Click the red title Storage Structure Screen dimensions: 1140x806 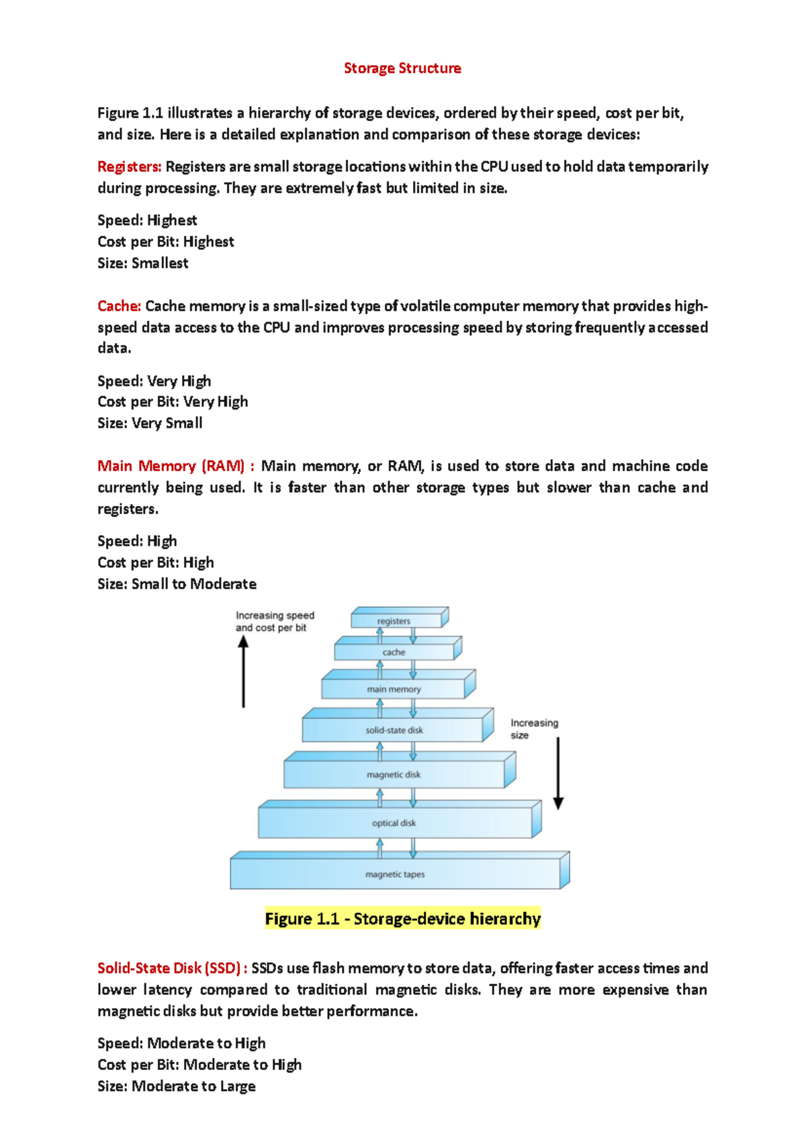(402, 68)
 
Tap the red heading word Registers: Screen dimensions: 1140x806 (129, 167)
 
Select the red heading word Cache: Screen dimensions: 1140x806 (119, 306)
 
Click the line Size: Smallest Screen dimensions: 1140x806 (142, 263)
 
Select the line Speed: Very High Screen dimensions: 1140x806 (154, 380)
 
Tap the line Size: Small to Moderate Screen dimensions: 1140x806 (177, 583)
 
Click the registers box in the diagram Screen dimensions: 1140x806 (394, 621)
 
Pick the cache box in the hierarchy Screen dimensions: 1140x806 (394, 652)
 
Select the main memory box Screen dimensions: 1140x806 (394, 689)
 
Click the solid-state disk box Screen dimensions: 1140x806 (394, 730)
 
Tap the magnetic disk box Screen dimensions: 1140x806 (394, 774)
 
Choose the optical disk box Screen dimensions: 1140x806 (394, 823)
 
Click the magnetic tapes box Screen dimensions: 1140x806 (395, 874)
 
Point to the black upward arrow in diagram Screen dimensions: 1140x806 (243, 672)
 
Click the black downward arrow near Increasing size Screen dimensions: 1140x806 (558, 773)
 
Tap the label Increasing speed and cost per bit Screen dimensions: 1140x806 (274, 621)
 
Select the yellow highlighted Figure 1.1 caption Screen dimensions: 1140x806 (402, 919)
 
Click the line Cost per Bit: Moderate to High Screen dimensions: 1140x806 (199, 1065)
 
